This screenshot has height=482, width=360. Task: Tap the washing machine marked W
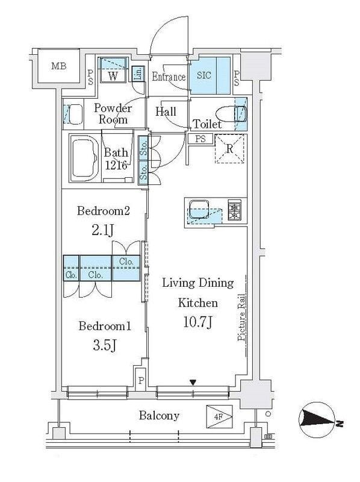113,76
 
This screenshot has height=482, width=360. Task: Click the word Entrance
168,77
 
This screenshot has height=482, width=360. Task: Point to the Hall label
166,112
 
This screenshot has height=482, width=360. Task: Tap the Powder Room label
113,114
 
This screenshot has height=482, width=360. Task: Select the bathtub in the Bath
85,157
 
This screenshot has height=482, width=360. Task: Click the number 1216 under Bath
116,165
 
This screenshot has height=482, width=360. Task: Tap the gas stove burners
234,210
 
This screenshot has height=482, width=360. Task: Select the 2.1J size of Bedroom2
103,230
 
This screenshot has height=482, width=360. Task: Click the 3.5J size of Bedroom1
105,345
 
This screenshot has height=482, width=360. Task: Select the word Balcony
159,416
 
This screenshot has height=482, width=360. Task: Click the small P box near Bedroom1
141,380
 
